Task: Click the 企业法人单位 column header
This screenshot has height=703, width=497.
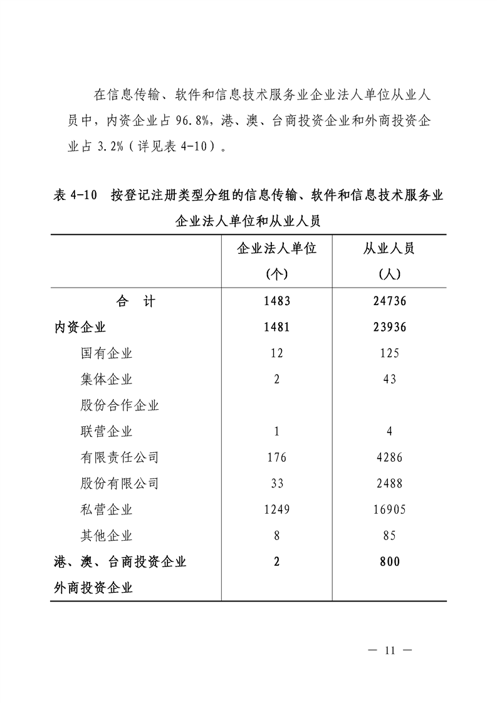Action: (x=276, y=249)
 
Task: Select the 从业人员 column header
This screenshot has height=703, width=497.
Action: (x=389, y=249)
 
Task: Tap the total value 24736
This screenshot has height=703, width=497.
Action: (x=389, y=301)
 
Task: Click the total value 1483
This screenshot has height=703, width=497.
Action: (x=277, y=301)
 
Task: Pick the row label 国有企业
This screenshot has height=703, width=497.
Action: (x=107, y=353)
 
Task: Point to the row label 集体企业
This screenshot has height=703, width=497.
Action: (x=107, y=380)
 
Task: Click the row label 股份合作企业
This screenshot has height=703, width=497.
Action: (x=120, y=405)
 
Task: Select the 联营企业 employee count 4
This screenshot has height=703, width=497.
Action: (x=389, y=432)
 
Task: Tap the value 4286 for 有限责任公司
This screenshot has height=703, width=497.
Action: (x=389, y=458)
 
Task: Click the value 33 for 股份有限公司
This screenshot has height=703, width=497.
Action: (x=277, y=484)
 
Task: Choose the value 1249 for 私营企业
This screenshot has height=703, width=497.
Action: (x=277, y=510)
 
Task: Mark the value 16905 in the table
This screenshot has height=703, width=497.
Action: (x=389, y=510)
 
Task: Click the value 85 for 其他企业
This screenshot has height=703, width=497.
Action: (x=389, y=536)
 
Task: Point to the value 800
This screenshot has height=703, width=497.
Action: (x=389, y=562)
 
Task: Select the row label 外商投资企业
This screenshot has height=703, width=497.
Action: (x=93, y=588)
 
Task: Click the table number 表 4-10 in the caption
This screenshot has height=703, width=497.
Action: (x=75, y=195)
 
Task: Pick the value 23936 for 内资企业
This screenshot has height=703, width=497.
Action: (x=389, y=327)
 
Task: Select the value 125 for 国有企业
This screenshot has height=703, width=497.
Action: (x=389, y=353)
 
